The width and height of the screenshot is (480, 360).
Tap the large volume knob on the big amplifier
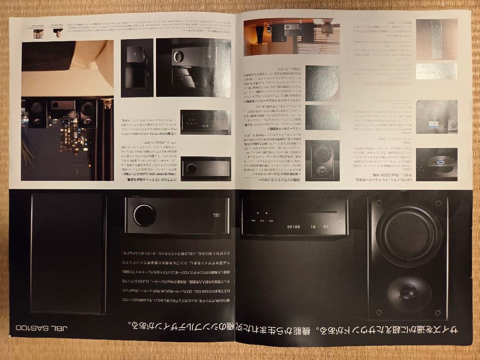click(x=144, y=216)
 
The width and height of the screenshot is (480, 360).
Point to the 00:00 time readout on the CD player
click(x=294, y=227)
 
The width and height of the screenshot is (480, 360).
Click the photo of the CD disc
click(x=436, y=164)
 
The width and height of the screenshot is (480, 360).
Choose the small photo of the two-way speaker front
click(x=322, y=160)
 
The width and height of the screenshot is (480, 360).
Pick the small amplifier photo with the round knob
click(x=206, y=168)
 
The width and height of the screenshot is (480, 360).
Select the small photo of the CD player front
click(x=205, y=122)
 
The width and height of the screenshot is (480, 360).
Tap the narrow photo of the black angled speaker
click(x=137, y=68)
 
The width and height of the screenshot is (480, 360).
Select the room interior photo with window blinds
click(x=291, y=37)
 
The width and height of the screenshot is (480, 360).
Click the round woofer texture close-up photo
click(x=322, y=83)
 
